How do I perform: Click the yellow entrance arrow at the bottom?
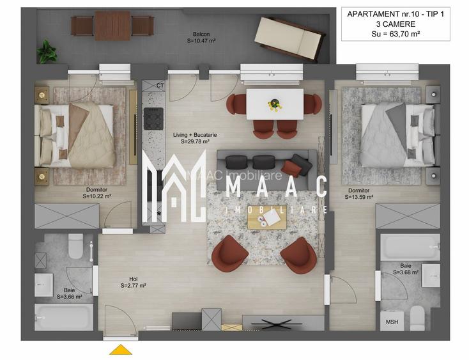click(x=121, y=350)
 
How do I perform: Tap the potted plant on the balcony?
click(x=46, y=51)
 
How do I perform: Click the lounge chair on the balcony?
click(x=288, y=38)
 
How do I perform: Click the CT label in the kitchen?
click(x=160, y=85)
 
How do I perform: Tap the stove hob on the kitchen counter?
click(x=153, y=118)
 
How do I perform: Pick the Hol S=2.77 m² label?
click(x=134, y=283)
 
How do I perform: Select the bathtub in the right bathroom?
click(x=410, y=247)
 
